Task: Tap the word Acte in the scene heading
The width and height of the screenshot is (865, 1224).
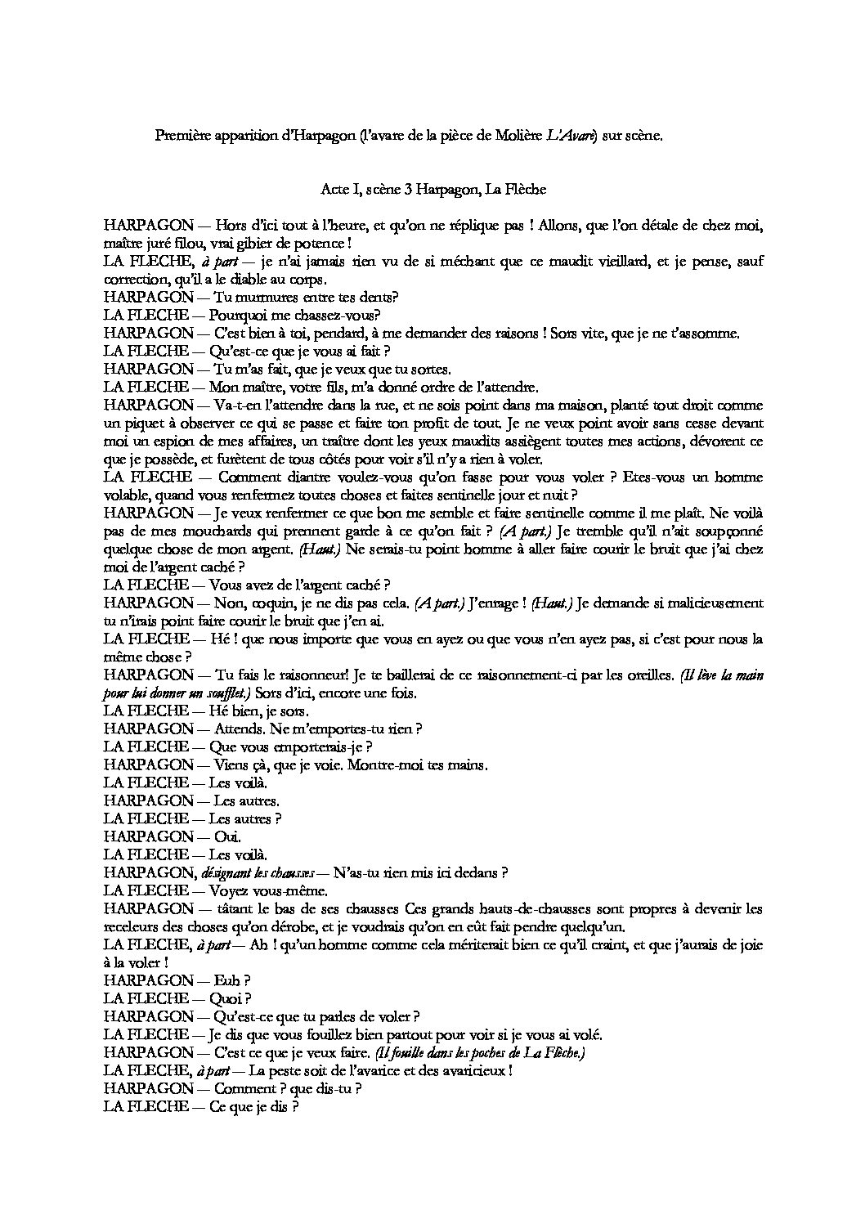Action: coord(334,190)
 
